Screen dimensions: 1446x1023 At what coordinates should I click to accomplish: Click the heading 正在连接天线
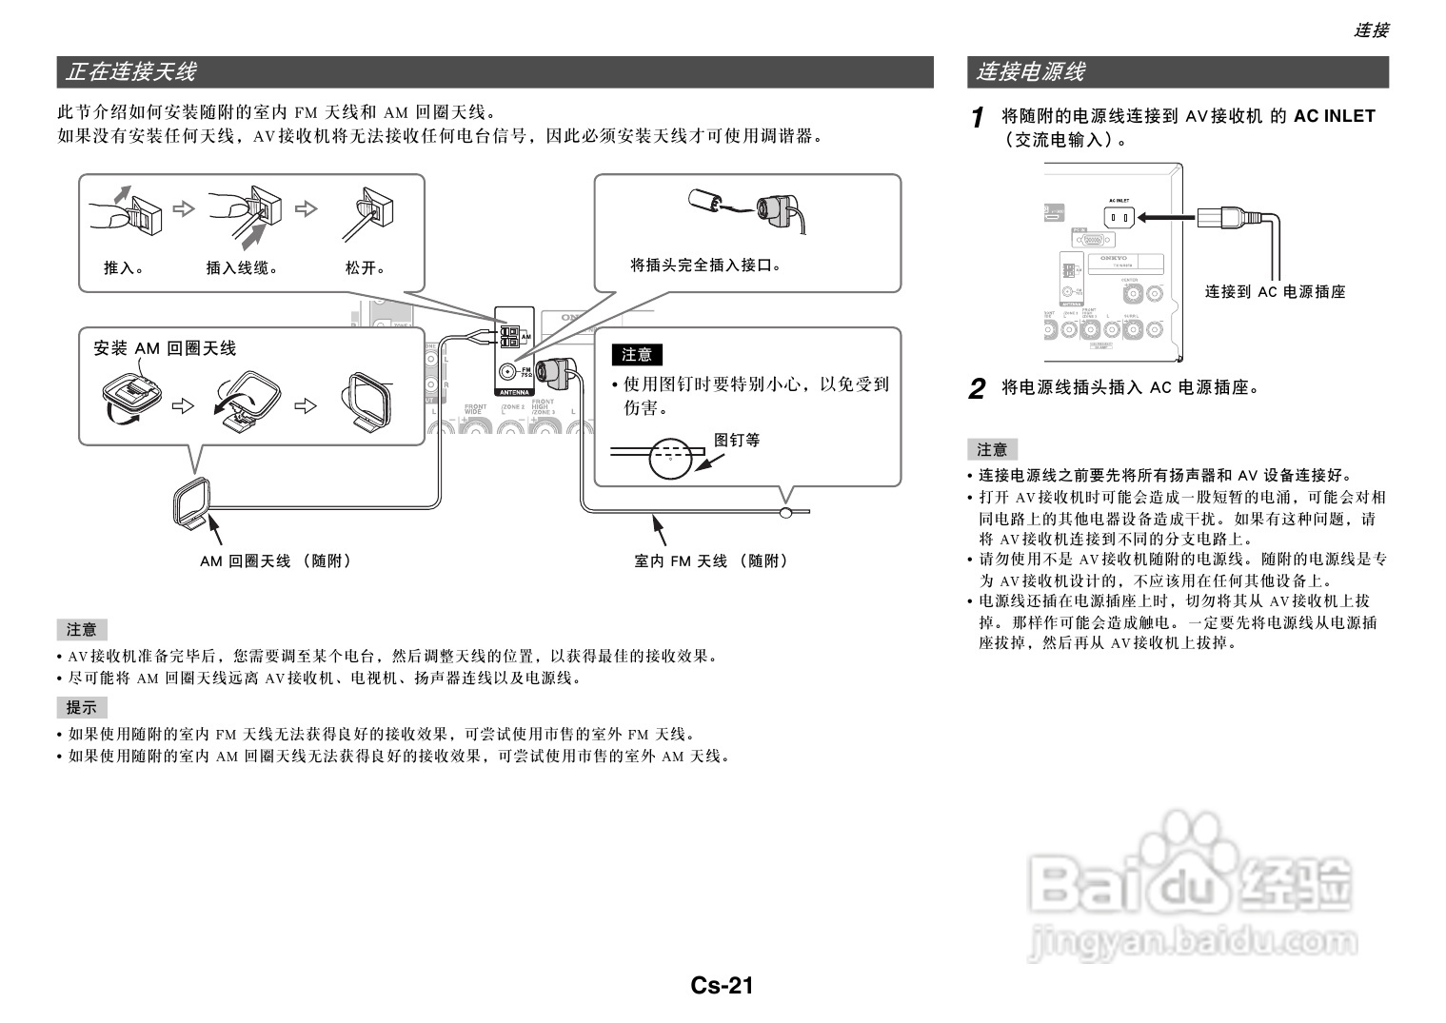131,71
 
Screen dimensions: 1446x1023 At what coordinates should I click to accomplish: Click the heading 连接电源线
1030,71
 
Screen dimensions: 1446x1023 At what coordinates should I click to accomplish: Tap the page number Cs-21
723,985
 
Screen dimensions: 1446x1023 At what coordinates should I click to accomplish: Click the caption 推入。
124,267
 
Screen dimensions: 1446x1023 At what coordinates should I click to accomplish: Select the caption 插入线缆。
243,267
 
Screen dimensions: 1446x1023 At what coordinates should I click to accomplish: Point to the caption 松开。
366,267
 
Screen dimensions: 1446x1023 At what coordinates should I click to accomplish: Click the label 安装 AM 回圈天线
165,348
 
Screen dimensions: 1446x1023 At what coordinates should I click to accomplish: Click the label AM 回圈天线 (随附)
275,561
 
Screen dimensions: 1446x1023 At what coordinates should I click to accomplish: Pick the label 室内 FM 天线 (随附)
712,561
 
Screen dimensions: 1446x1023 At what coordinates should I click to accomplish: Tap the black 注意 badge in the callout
637,355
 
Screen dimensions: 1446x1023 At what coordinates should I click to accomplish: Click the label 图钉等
737,440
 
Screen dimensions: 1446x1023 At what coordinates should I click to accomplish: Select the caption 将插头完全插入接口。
706,266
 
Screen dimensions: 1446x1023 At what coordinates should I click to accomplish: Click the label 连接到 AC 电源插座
1276,292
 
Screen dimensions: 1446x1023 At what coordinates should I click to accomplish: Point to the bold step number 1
977,118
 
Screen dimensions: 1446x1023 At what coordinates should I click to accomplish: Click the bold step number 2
977,388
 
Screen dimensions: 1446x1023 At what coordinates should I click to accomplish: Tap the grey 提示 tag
82,707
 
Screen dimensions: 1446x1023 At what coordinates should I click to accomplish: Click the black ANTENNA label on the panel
514,391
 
